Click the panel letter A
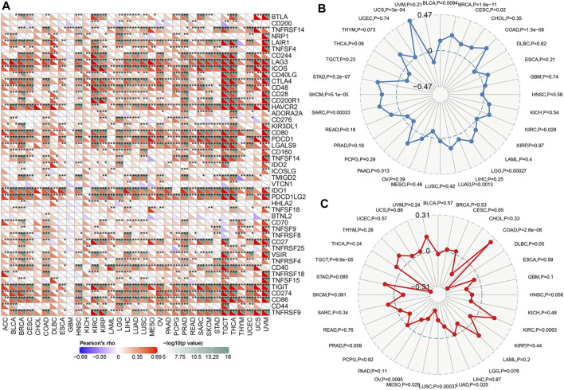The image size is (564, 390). [6, 7]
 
